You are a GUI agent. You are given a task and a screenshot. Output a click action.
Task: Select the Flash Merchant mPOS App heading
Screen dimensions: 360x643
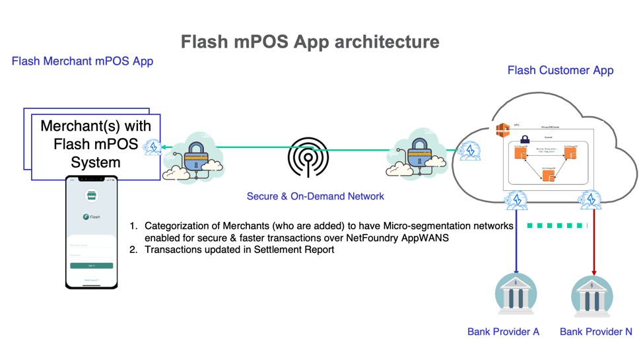point(83,61)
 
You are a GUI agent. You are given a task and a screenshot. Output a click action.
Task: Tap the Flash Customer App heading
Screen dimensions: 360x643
point(560,70)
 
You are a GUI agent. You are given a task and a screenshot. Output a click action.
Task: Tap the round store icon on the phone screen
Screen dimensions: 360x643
point(92,195)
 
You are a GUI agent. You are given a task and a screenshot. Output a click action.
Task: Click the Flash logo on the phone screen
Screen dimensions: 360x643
point(92,217)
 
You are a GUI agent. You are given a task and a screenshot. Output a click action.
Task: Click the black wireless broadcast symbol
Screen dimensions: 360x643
point(308,157)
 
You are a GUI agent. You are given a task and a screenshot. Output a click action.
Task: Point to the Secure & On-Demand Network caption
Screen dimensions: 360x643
point(315,196)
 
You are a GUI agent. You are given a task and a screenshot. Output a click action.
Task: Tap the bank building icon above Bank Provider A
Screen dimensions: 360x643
point(516,295)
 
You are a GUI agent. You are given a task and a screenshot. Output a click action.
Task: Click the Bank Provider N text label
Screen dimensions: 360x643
point(595,332)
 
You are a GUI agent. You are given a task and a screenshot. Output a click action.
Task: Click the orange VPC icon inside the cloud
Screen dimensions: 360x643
point(503,130)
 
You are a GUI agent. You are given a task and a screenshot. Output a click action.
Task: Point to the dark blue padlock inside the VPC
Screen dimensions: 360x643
point(525,140)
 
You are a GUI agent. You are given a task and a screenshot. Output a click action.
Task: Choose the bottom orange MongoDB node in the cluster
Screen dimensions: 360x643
point(548,176)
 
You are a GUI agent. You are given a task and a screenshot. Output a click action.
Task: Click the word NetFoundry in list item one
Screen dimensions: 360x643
point(388,238)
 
